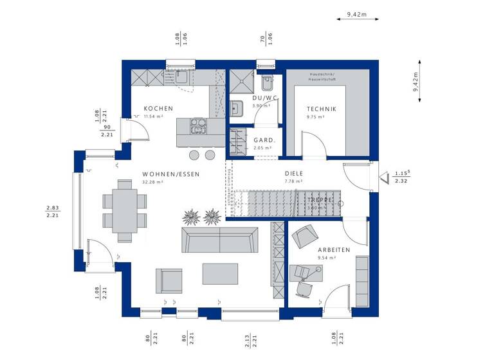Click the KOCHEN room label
(x=158, y=109)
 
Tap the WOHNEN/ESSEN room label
(x=171, y=174)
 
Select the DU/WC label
(x=264, y=98)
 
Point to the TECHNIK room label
(x=322, y=109)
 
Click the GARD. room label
(x=264, y=140)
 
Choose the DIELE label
(x=294, y=174)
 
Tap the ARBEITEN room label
(x=334, y=249)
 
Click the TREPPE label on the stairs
(x=320, y=201)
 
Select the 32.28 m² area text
(x=152, y=183)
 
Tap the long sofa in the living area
(x=220, y=240)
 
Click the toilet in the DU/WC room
(x=267, y=84)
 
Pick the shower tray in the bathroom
(x=243, y=81)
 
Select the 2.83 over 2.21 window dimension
(x=53, y=211)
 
